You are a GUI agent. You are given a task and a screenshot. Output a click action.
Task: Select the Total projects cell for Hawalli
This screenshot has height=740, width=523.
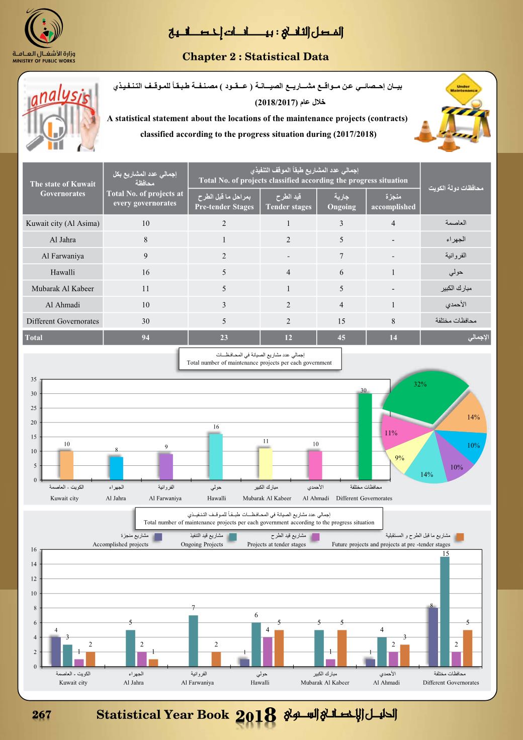145,272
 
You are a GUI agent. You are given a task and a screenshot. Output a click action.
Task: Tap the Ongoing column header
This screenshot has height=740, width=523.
341,202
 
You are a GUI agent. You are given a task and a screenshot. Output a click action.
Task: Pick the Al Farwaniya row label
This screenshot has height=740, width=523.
63,256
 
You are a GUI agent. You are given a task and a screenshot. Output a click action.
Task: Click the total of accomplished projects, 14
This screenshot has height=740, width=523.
393,338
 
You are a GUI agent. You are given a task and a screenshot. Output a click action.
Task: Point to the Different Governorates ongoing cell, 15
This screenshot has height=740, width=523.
341,321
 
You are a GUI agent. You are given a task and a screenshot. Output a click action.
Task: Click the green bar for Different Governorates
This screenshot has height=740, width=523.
365,437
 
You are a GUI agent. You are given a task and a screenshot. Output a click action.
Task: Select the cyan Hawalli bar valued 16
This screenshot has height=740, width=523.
216,457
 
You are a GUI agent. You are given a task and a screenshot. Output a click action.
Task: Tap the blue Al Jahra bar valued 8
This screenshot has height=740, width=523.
116,468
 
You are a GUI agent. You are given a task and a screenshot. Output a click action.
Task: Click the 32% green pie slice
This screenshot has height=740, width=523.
427,400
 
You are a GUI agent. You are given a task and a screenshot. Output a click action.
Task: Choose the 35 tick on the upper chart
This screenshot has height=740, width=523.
33,379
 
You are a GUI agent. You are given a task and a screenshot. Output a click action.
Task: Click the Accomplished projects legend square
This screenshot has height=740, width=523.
158,537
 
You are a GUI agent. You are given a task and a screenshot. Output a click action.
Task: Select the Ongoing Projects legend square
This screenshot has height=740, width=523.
233,537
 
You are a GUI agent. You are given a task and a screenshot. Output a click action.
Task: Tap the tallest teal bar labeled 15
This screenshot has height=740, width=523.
445,612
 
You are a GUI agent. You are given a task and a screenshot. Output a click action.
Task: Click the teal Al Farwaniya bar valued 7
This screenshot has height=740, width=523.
194,641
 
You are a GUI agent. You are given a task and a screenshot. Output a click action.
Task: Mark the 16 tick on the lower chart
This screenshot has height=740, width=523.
33,549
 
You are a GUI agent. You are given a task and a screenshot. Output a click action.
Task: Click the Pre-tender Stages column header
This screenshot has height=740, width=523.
224,202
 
